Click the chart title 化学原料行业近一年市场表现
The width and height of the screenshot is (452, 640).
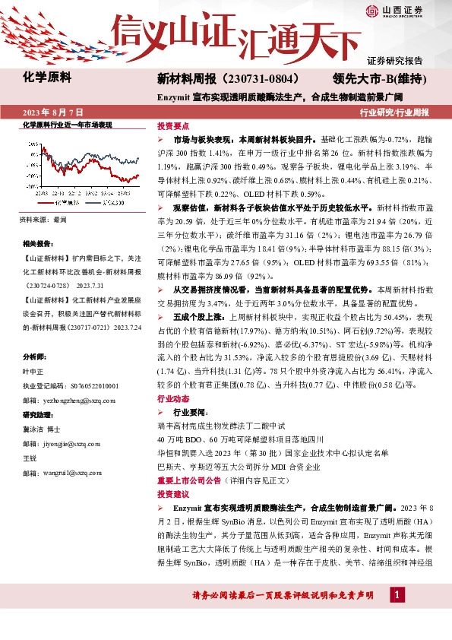(68, 124)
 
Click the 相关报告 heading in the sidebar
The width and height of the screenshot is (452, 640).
(37, 244)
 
